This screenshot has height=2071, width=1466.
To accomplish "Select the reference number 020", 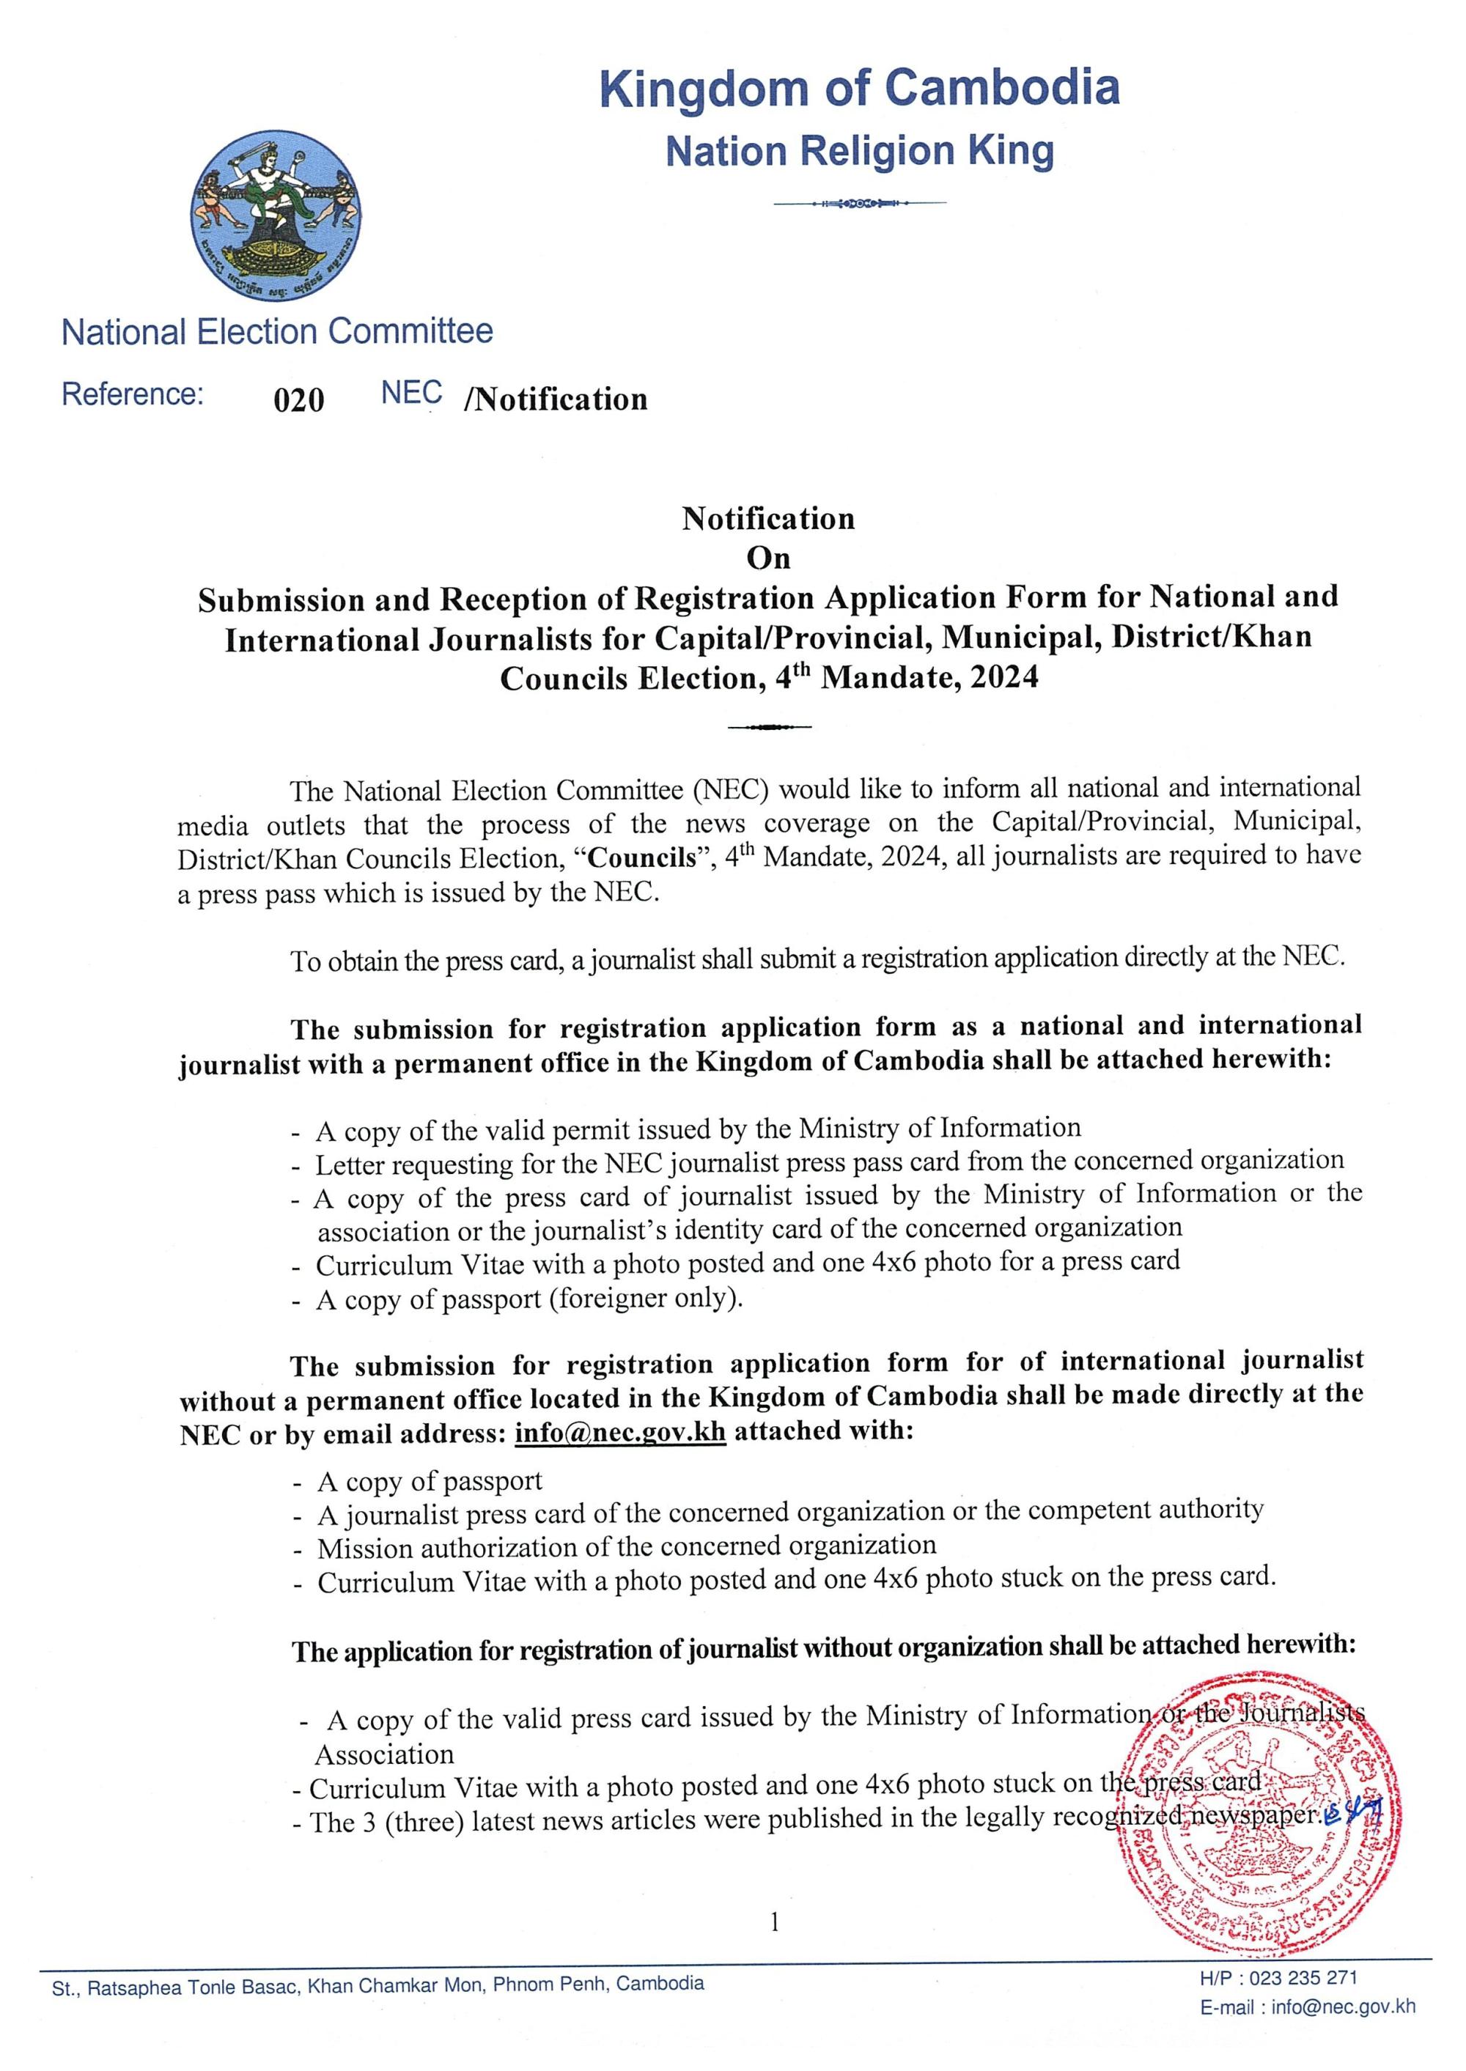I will pos(299,399).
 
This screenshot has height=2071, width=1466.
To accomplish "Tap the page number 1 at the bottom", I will pos(773,1923).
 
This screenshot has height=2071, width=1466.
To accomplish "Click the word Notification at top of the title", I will pos(768,519).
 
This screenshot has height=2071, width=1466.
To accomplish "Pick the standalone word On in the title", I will pos(768,558).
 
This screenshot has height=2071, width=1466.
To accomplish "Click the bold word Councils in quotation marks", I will pos(643,857).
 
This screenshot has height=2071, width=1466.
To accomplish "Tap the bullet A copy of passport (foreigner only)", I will pos(529,1299).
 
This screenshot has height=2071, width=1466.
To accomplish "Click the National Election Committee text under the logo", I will pos(277,331).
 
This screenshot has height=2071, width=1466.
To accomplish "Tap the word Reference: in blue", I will pos(133,394).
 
